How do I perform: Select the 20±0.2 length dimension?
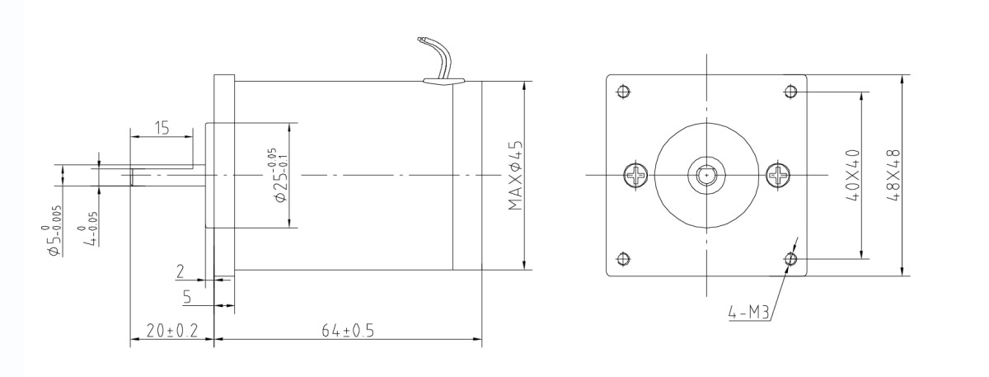[171, 331]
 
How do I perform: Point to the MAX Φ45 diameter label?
[517, 175]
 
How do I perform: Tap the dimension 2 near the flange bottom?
[180, 270]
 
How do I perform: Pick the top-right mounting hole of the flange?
[791, 91]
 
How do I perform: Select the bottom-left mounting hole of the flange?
[623, 260]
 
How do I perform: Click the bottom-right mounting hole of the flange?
[791, 260]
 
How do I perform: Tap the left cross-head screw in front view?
[636, 175]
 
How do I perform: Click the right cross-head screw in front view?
[778, 175]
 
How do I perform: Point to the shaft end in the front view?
[706, 175]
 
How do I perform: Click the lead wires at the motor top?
[437, 58]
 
